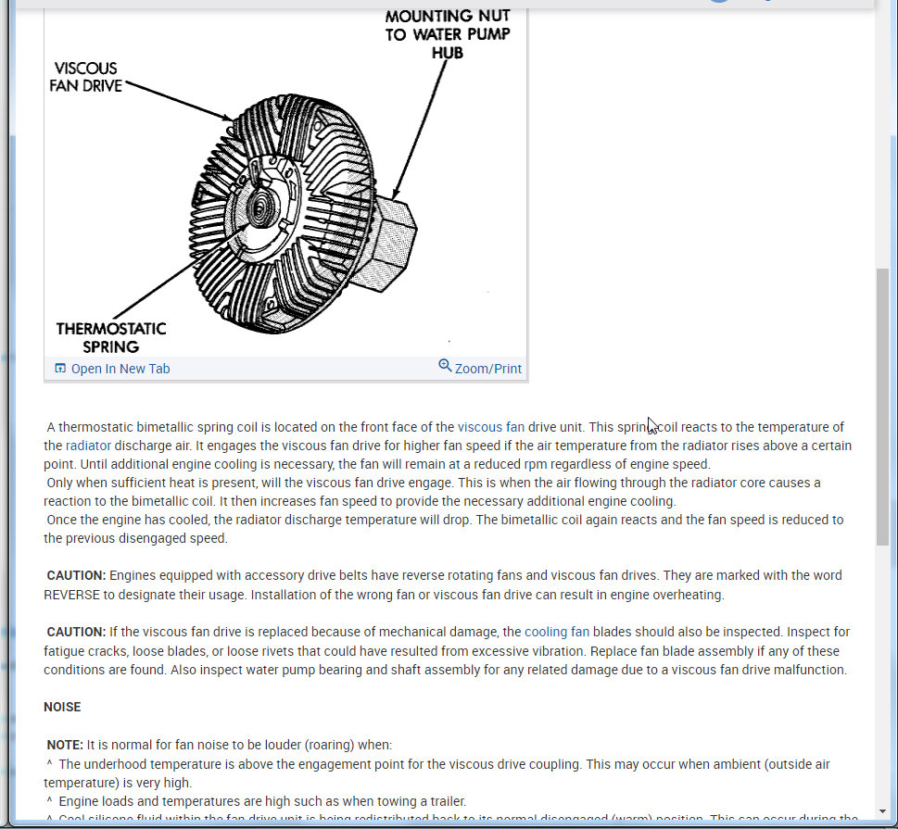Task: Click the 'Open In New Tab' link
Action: (x=120, y=369)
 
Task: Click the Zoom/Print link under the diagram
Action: (x=487, y=369)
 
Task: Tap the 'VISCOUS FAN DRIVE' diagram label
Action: (x=87, y=77)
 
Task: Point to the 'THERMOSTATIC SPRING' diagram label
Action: (x=110, y=337)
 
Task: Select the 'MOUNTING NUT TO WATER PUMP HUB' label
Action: (x=448, y=34)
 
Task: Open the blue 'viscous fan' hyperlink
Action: (x=490, y=427)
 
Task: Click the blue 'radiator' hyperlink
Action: (x=88, y=446)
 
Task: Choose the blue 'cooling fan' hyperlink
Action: (x=556, y=632)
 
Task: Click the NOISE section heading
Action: (x=62, y=707)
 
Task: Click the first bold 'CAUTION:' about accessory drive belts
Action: (x=76, y=575)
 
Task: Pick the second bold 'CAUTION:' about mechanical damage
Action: (x=76, y=632)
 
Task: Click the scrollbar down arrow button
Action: (x=882, y=812)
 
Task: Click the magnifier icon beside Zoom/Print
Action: (x=445, y=367)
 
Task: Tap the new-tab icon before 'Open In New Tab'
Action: (x=60, y=369)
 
